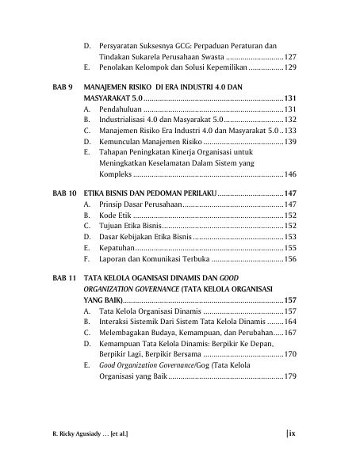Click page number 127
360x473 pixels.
coord(289,58)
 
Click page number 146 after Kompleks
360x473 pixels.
coord(289,174)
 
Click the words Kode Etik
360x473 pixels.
coord(115,215)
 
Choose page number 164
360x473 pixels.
coord(289,322)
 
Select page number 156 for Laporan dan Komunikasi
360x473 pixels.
coord(289,259)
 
